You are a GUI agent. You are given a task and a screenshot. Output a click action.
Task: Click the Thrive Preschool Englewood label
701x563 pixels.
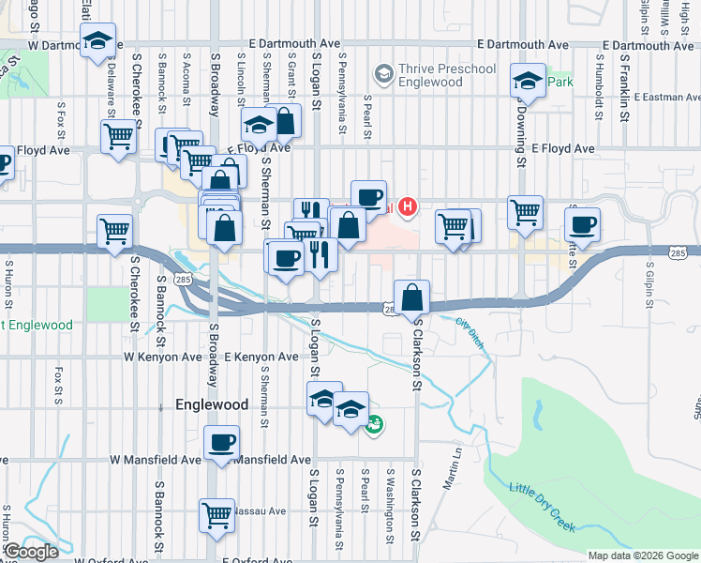pyautogui.click(x=430, y=75)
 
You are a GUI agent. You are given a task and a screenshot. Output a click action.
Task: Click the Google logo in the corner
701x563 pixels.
pyautogui.click(x=30, y=552)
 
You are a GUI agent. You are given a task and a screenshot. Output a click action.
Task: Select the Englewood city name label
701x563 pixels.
pyautogui.click(x=212, y=404)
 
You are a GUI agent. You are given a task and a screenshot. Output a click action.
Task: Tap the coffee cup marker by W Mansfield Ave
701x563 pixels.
pyautogui.click(x=221, y=442)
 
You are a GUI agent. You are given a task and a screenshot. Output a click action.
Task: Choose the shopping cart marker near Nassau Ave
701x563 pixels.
pyautogui.click(x=216, y=514)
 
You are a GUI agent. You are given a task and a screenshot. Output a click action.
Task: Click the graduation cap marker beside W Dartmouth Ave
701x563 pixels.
pyautogui.click(x=97, y=40)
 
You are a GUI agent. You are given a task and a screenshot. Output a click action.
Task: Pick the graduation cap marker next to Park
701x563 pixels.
pyautogui.click(x=529, y=81)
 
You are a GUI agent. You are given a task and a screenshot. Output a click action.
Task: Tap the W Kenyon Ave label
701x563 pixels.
pyautogui.click(x=162, y=358)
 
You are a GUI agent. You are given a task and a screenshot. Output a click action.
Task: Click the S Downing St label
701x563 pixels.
pyautogui.click(x=520, y=129)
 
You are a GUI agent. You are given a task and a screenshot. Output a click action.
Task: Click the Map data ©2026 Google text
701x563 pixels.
pyautogui.click(x=642, y=555)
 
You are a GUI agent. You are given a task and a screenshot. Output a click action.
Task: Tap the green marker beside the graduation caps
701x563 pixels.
pyautogui.click(x=375, y=425)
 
